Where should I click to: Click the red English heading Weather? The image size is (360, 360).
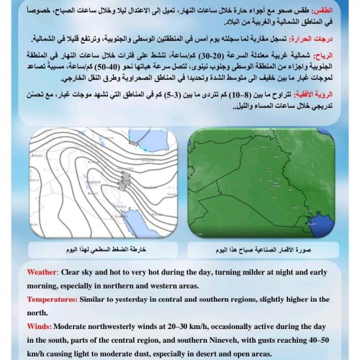46,272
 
